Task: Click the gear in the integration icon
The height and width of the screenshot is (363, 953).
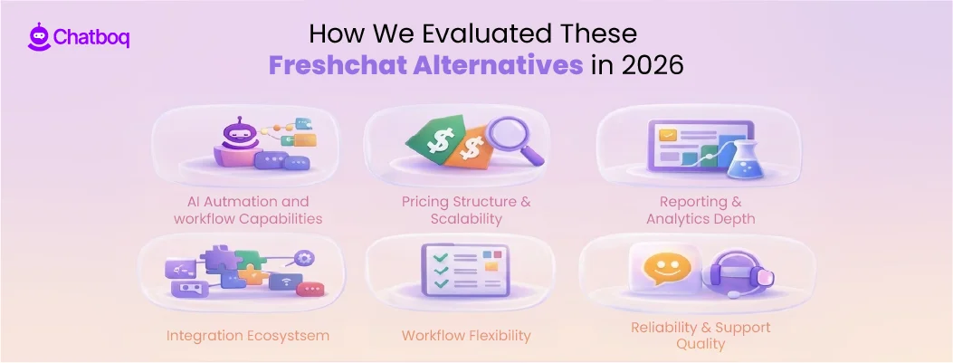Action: coord(305,258)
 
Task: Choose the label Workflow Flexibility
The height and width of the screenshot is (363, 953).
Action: coord(466,335)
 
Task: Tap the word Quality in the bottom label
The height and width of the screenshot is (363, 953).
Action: coord(700,344)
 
